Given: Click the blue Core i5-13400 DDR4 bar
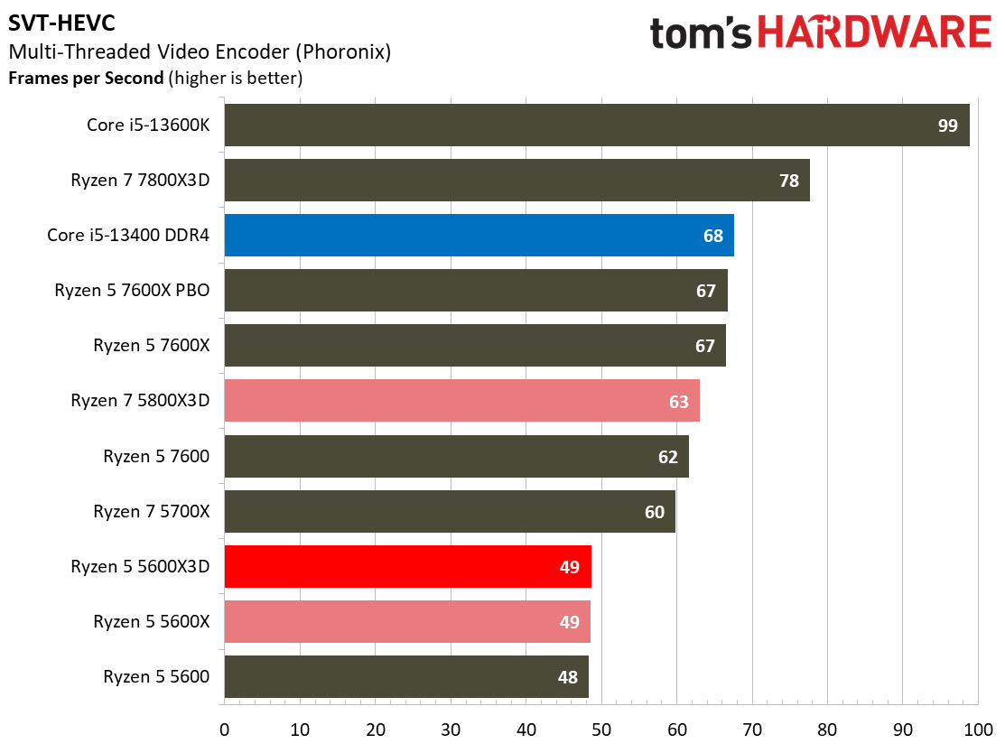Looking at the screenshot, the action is (479, 235).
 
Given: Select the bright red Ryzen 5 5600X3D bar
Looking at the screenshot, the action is (407, 566).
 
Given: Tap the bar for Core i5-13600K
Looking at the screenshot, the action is (597, 125).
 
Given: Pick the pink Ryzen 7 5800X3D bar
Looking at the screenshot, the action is (461, 401).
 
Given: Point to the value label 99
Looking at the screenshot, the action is (947, 125).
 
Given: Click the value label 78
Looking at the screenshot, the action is (789, 181).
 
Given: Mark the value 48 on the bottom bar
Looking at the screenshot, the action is (568, 677).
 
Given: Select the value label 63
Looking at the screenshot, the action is (679, 402).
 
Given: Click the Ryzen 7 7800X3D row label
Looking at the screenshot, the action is (140, 180).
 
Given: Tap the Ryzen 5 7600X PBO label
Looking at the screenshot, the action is (132, 291).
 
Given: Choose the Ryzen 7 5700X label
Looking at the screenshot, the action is (152, 511).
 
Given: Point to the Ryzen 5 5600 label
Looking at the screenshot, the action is (156, 677).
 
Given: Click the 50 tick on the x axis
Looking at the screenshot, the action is (601, 730).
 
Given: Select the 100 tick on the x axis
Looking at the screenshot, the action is (978, 730).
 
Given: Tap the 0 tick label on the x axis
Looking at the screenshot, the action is (224, 730).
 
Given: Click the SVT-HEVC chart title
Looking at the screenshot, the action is (61, 23).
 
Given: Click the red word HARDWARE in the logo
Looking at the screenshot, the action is (875, 33).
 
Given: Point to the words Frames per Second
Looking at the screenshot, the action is (87, 79).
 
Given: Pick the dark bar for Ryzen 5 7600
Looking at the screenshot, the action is (456, 456).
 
